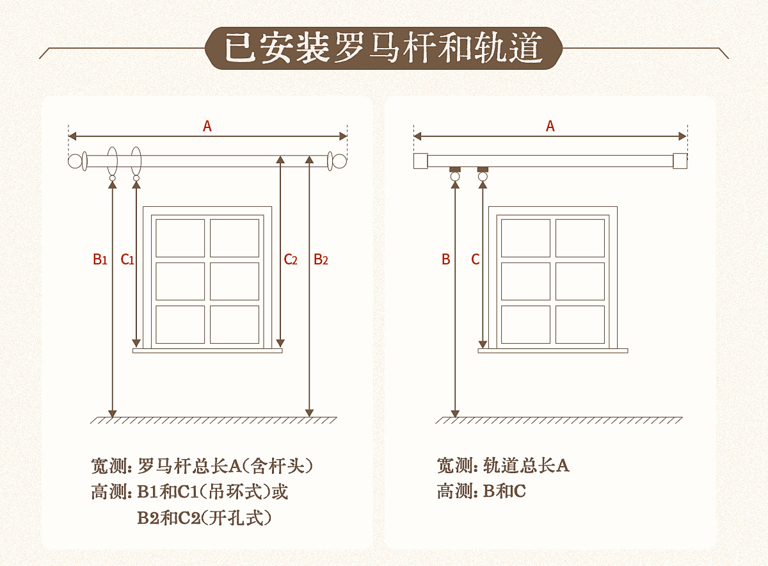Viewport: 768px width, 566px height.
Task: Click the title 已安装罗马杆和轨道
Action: [384, 48]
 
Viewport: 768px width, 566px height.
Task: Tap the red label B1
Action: [99, 259]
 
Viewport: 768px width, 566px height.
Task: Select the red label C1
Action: [127, 259]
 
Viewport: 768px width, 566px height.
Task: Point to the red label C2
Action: [291, 259]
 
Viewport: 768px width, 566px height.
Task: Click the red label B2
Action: [321, 259]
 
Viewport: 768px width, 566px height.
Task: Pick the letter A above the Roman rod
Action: [207, 127]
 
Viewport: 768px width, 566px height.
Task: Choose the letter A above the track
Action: [550, 127]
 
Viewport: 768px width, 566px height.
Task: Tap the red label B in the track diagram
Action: [446, 259]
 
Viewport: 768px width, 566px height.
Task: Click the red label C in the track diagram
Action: [476, 259]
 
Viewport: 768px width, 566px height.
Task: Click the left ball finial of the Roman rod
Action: [76, 161]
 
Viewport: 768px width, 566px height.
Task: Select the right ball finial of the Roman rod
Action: [339, 161]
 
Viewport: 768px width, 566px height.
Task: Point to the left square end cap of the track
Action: [420, 161]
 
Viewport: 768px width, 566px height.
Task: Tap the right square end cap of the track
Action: [680, 161]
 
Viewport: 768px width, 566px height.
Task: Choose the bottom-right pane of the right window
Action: [580, 324]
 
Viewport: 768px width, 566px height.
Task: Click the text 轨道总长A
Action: [526, 465]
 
